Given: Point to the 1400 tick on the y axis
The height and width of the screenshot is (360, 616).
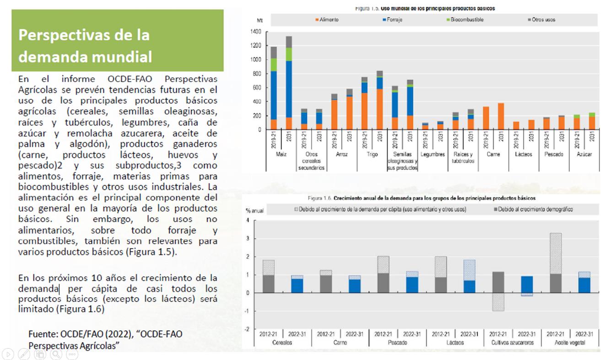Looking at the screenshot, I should pos(255,32).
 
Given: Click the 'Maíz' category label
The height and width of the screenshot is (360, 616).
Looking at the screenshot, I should pos(281,155).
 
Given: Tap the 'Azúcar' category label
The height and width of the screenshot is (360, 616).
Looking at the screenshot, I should pos(584,155).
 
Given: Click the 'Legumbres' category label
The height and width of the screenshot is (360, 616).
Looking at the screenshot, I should pos(432,155).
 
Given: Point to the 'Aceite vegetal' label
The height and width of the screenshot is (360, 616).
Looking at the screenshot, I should pos(570,343).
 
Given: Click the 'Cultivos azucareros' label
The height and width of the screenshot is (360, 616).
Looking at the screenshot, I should pos(512,343).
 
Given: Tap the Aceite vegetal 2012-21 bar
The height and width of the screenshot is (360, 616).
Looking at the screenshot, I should pos(555,263).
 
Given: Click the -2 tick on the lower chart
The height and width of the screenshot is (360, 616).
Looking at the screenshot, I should pos(248,329).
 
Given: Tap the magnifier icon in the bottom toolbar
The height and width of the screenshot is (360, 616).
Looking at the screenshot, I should pos(56,354).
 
